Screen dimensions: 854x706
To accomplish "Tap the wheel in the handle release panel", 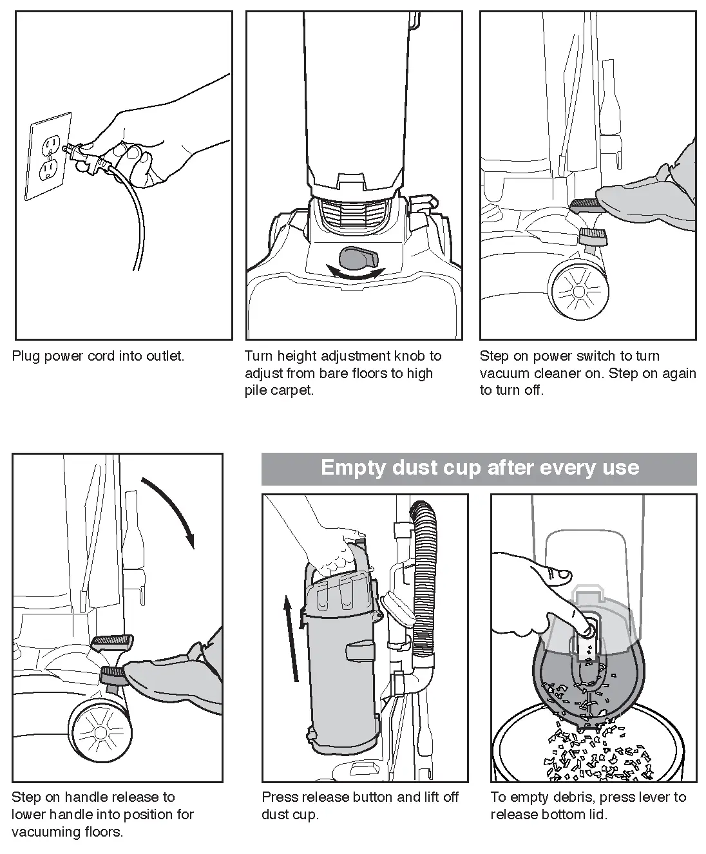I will tap(100, 732).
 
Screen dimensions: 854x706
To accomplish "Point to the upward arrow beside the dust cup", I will tap(291, 638).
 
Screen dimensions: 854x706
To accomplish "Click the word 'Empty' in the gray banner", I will tap(352, 468).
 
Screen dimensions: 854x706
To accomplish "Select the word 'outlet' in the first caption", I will tap(164, 356).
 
